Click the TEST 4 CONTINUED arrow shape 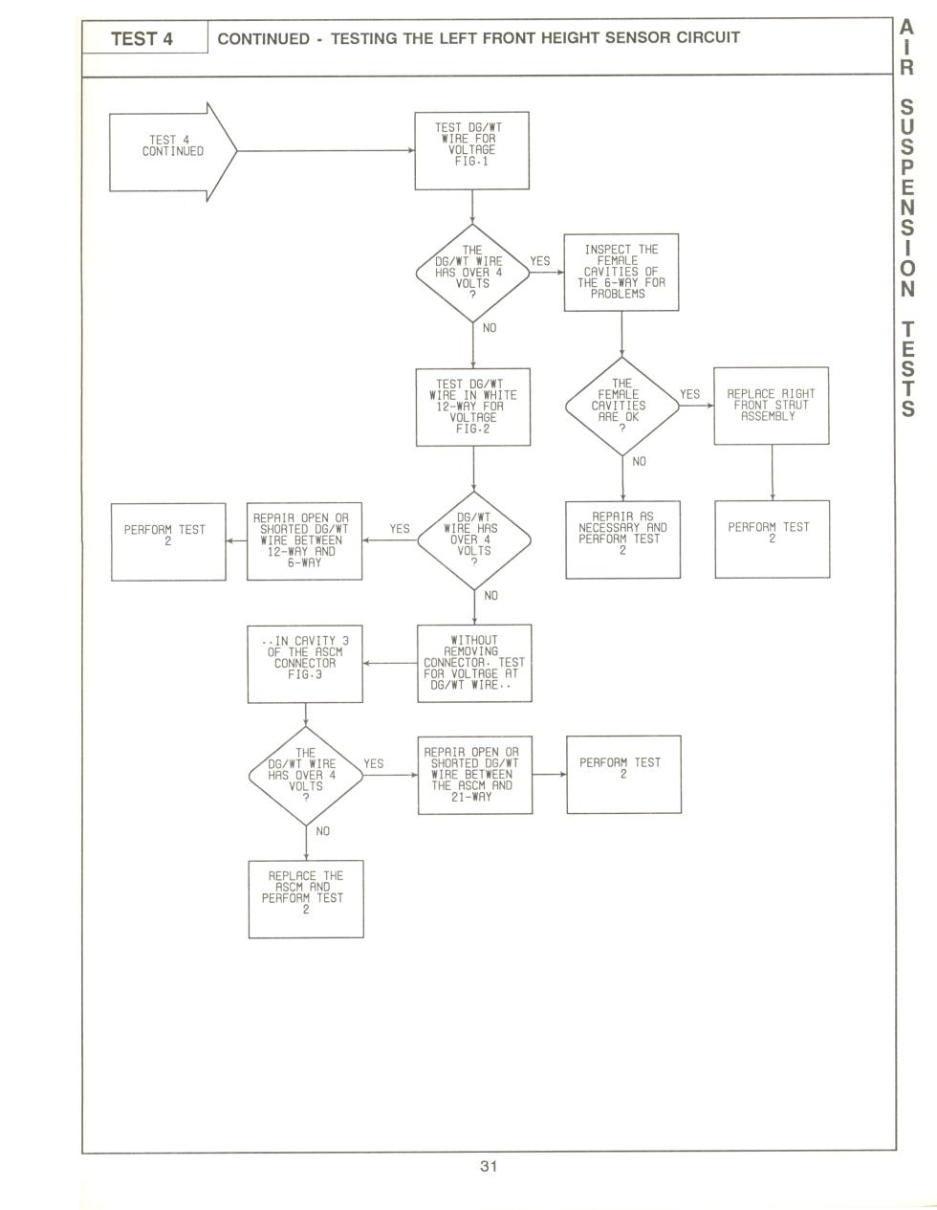point(172,151)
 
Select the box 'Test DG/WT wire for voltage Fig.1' point(471,150)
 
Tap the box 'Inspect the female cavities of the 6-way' point(621,273)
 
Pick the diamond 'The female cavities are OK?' point(622,406)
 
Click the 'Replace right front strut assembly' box point(772,406)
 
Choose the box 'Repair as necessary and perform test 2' point(622,539)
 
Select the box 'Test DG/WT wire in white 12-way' point(473,407)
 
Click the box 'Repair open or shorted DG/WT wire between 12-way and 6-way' point(304,541)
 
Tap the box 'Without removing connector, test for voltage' point(474,663)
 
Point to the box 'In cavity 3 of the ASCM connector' point(305,664)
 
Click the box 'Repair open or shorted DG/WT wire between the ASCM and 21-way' point(475,775)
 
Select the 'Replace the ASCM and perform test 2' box point(306,899)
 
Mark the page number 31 point(489,1166)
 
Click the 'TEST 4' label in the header point(142,39)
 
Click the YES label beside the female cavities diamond point(690,394)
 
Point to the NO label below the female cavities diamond point(640,462)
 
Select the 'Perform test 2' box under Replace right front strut point(773,539)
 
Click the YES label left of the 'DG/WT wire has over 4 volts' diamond point(400,528)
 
